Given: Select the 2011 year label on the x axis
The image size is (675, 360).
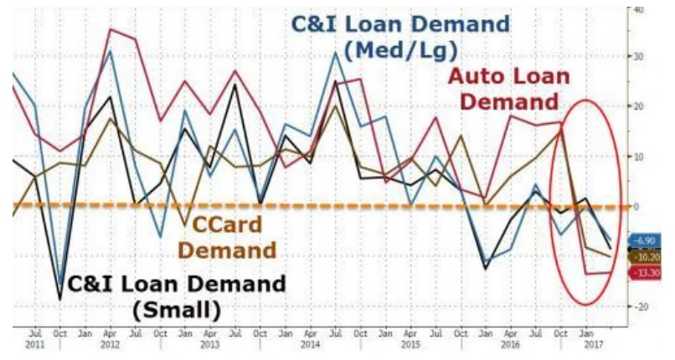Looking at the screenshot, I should point(36,344).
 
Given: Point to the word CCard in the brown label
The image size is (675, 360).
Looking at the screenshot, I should point(225,225).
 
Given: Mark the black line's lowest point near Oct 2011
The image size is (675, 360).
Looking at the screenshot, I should point(59,299).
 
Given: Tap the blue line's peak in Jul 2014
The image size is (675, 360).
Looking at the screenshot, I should point(335,52).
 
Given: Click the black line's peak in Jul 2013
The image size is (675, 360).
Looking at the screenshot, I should point(235,84).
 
